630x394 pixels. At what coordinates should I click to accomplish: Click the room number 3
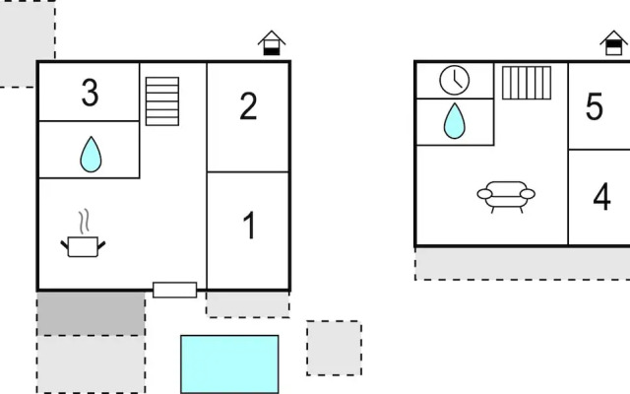pyautogui.click(x=90, y=93)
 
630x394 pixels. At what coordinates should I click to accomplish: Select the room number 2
pyautogui.click(x=248, y=106)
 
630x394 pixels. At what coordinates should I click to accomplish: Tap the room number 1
pyautogui.click(x=249, y=226)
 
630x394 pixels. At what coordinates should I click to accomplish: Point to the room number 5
pyautogui.click(x=595, y=106)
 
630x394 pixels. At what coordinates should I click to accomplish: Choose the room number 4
pyautogui.click(x=601, y=197)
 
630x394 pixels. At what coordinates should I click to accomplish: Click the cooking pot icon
pyautogui.click(x=83, y=246)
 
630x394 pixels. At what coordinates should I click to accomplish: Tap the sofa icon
pyautogui.click(x=506, y=197)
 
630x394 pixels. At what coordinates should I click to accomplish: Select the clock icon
pyautogui.click(x=455, y=81)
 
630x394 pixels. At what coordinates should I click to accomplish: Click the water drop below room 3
pyautogui.click(x=91, y=155)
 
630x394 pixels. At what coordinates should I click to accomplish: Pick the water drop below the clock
pyautogui.click(x=455, y=121)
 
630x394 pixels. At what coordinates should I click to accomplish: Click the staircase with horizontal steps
pyautogui.click(x=162, y=101)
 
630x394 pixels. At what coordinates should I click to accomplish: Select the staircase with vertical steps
pyautogui.click(x=527, y=83)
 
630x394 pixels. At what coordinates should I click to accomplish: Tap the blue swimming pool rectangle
pyautogui.click(x=229, y=363)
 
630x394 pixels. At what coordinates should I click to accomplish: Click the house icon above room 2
pyautogui.click(x=272, y=43)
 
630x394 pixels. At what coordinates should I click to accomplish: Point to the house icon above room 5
pyautogui.click(x=613, y=43)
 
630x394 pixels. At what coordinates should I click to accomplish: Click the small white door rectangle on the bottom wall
pyautogui.click(x=175, y=290)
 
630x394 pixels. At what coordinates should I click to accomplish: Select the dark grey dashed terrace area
pyautogui.click(x=92, y=313)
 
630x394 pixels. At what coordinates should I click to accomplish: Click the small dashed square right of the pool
pyautogui.click(x=334, y=348)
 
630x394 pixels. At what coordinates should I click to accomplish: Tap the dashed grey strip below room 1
pyautogui.click(x=247, y=304)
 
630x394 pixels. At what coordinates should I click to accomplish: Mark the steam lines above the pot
pyautogui.click(x=84, y=222)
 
